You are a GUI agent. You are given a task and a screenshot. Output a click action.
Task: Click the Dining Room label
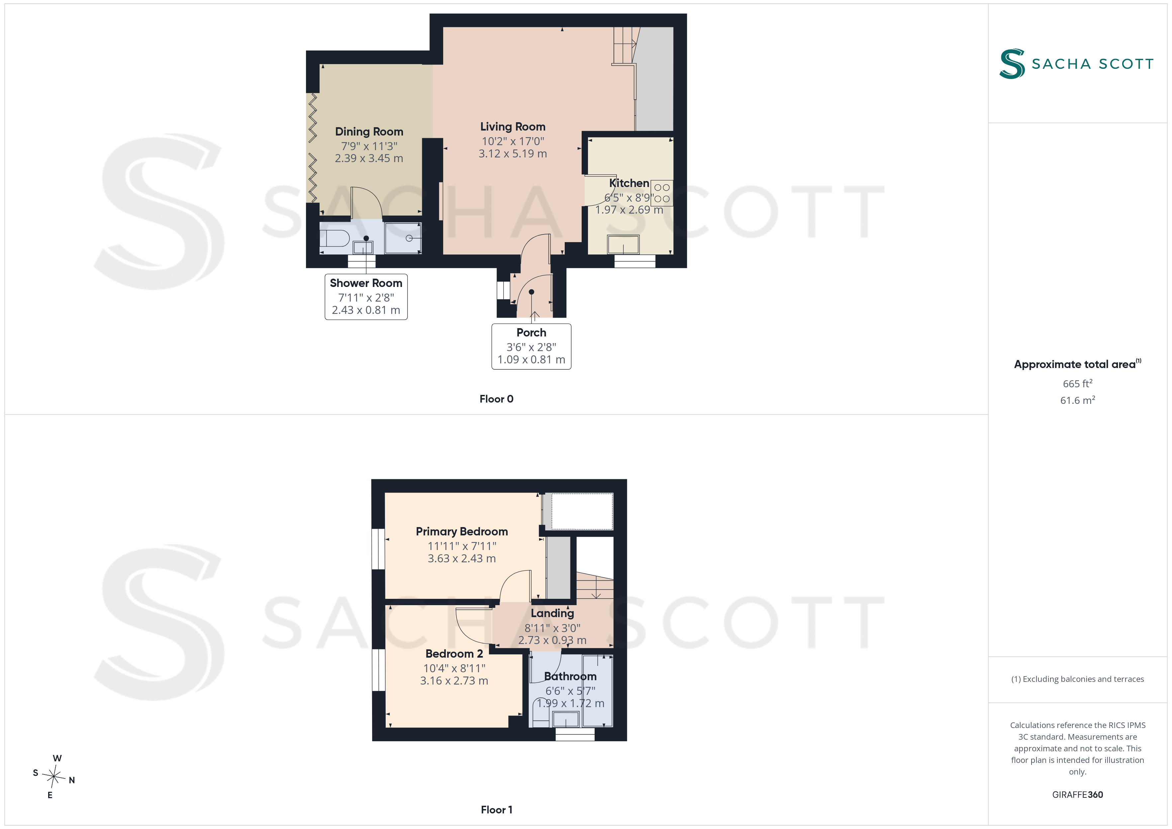pos(369,132)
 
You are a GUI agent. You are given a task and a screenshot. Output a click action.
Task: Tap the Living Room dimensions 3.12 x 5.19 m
pos(513,154)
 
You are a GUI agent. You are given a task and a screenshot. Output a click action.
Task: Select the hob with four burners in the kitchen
pos(662,193)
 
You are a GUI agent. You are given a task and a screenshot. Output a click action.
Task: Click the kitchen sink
pos(623,244)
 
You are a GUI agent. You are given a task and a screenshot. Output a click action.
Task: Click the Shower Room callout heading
pos(366,283)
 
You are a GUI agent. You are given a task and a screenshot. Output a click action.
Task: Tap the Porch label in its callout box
pos(532,333)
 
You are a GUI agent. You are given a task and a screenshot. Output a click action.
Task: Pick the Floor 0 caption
pos(496,399)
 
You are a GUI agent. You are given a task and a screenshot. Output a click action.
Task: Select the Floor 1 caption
pos(496,810)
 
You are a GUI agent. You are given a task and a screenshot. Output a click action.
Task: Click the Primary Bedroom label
pos(461,532)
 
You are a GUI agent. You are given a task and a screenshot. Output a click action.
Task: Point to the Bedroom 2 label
pos(454,654)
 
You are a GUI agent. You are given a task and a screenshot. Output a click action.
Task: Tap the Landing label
pos(552,613)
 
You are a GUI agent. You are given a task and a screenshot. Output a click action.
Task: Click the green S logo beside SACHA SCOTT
pos(1012,64)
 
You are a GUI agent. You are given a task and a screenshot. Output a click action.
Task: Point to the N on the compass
pos(72,780)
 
